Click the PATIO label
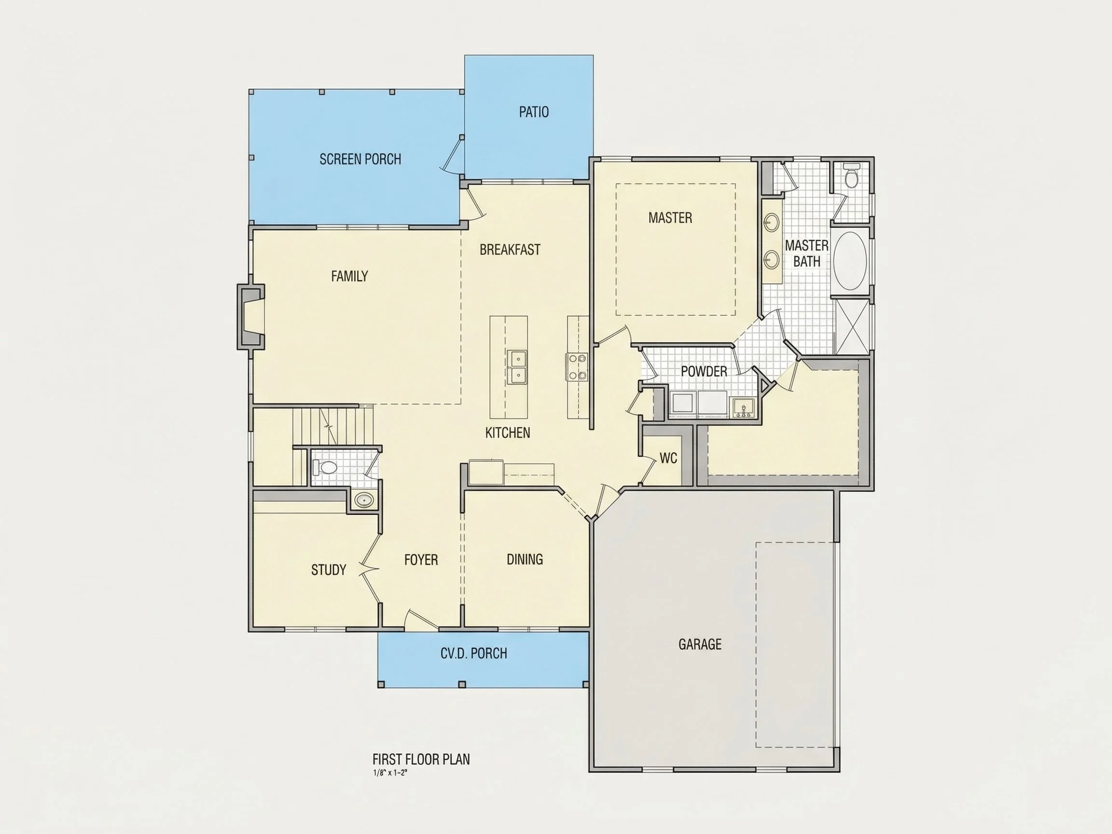coord(533,111)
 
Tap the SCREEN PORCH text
coord(361,159)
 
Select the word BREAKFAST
coord(510,250)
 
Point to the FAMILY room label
coord(349,276)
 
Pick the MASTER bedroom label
coord(670,218)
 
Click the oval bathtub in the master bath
coord(849,261)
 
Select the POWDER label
coord(704,372)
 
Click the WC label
coord(668,458)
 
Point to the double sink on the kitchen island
coord(516,367)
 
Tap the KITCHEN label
coord(507,433)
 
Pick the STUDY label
coord(328,570)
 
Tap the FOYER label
coord(421,559)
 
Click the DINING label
coord(524,559)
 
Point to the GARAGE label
coord(700,644)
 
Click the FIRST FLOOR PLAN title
coord(421,759)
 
